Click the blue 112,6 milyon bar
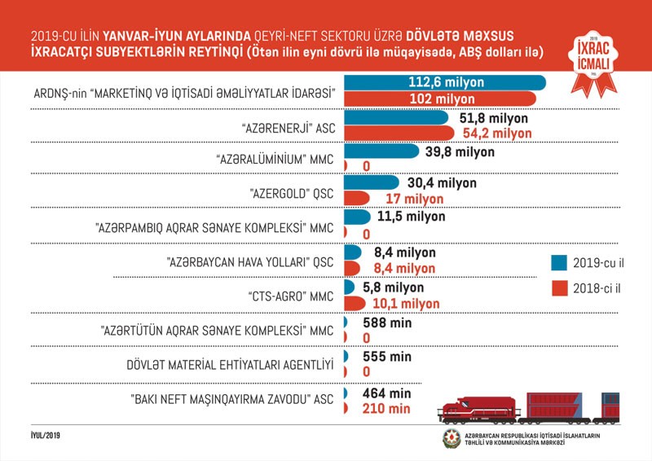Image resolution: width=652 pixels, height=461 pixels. [x=445, y=82]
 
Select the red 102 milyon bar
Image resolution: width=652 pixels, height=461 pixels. [x=440, y=99]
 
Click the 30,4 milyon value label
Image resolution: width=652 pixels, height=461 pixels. [x=439, y=182]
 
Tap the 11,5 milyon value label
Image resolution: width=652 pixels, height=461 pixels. [x=411, y=217]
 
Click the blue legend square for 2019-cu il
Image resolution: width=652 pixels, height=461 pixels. [x=558, y=262]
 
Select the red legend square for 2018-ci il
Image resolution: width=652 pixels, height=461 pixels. [x=558, y=288]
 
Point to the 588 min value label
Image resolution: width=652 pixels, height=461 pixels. [x=386, y=323]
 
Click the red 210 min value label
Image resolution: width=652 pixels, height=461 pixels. [x=386, y=409]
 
